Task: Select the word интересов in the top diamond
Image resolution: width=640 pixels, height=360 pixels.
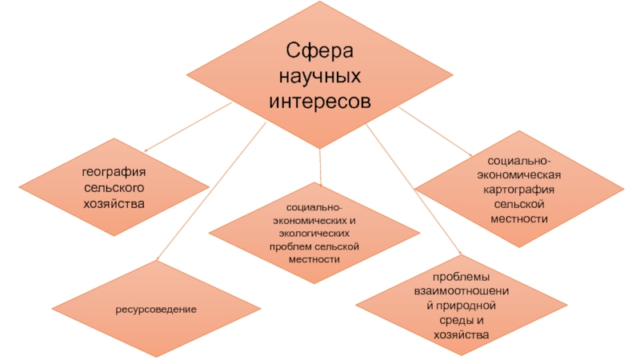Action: coord(320,103)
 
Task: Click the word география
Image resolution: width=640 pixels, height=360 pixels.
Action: coord(118,173)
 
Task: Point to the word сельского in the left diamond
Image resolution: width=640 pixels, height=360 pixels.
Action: coord(118,188)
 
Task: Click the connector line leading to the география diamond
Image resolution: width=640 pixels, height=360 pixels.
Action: coord(188,131)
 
